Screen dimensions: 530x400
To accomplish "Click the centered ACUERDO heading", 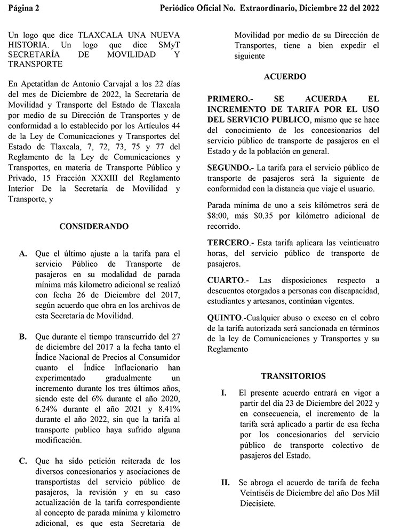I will pos(285,77).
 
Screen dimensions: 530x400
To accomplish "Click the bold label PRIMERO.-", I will pos(227,99).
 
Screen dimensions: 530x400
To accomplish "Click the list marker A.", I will pos(23,254).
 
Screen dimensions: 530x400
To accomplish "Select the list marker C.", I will pos(23,461).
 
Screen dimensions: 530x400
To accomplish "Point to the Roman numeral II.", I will pos(226,482).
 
